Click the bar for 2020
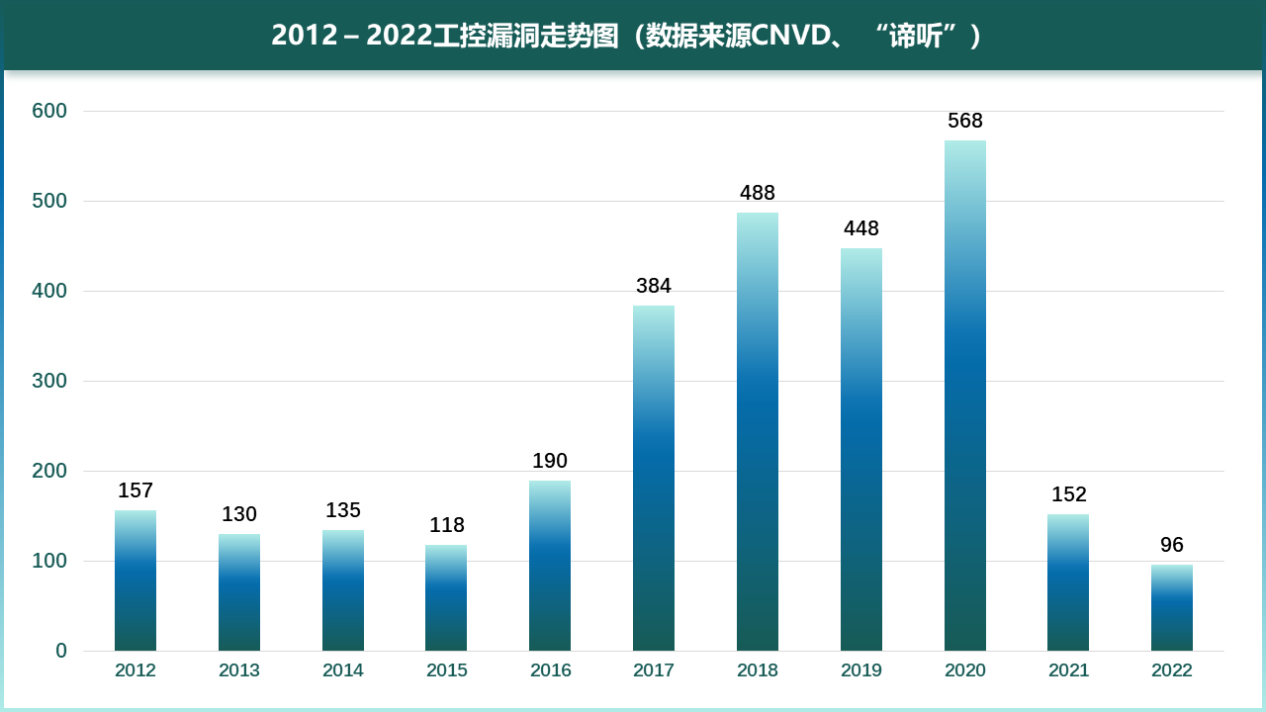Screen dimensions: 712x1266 click(964, 396)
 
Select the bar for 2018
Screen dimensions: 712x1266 click(758, 431)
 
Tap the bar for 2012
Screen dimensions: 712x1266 click(136, 580)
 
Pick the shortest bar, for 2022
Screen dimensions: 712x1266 click(1172, 607)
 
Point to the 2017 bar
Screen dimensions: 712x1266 click(654, 478)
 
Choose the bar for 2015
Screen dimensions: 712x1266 click(447, 597)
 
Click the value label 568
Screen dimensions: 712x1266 click(964, 121)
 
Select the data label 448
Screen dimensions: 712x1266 click(860, 228)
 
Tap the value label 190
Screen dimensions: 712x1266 click(550, 461)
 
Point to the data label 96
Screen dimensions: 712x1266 click(1172, 545)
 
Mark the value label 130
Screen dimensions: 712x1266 click(239, 514)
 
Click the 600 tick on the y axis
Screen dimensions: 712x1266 click(49, 111)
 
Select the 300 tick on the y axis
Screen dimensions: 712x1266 click(49, 381)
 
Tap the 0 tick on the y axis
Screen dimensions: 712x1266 click(61, 651)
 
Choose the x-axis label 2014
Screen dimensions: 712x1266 click(343, 670)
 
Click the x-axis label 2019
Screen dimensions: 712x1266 click(860, 670)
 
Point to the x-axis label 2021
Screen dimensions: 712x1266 click(1068, 670)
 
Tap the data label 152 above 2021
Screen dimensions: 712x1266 click(1068, 494)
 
